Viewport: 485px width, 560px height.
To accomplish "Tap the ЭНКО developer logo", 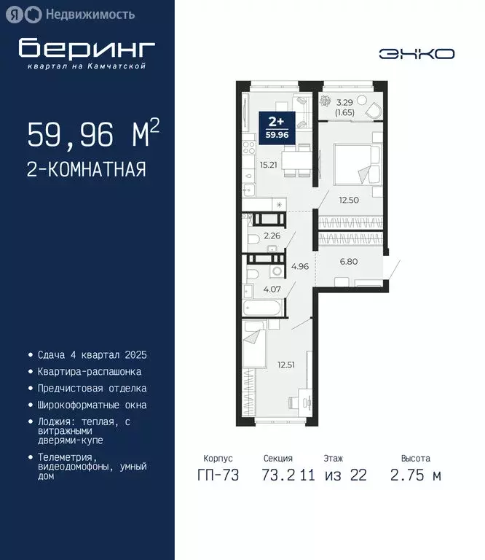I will [x=417, y=54].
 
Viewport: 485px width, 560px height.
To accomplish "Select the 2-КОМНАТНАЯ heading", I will [x=87, y=170].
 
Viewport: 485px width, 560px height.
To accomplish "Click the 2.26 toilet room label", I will [x=272, y=236].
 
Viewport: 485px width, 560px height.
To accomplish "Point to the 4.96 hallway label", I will [x=300, y=266].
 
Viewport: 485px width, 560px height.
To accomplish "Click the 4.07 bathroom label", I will [x=271, y=289].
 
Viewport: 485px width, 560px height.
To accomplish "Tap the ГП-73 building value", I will [x=218, y=476].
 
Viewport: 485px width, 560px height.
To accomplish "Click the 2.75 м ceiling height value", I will [x=415, y=476].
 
